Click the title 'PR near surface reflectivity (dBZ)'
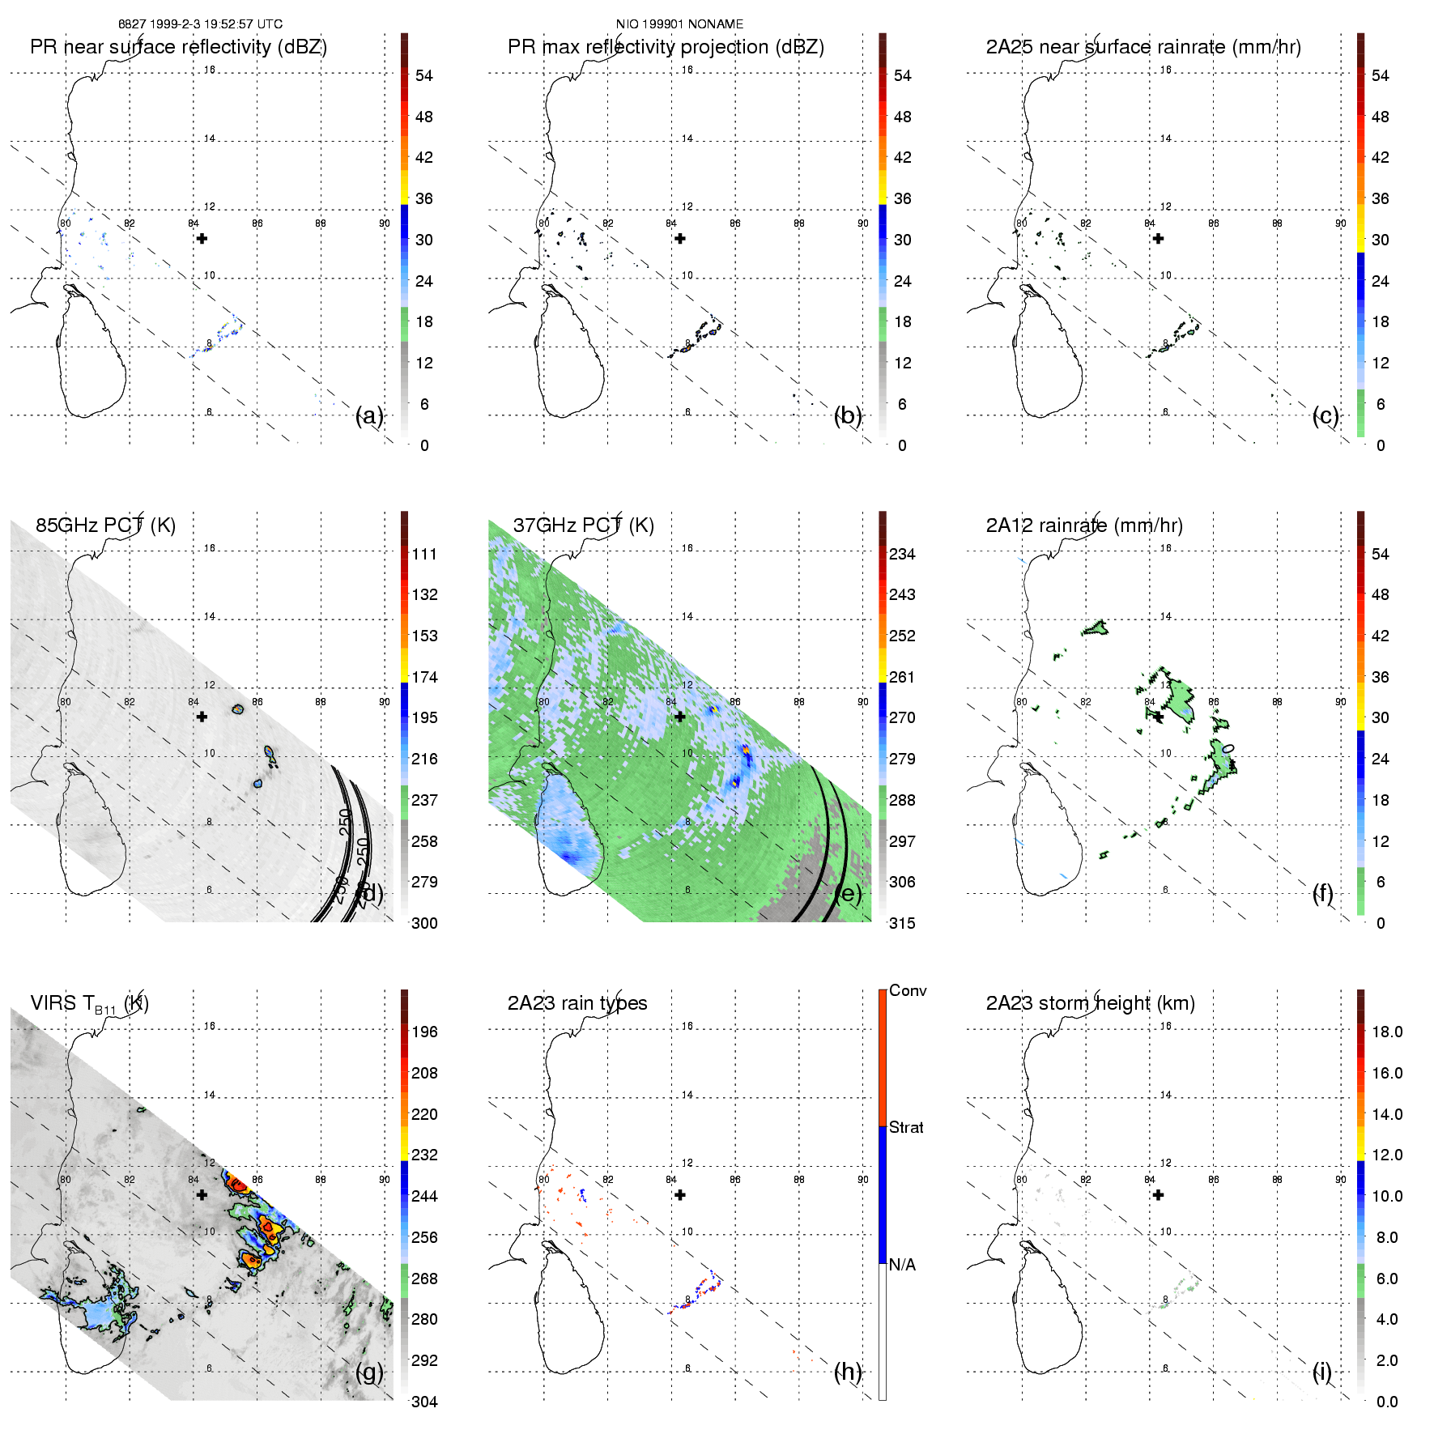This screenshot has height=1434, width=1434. (178, 47)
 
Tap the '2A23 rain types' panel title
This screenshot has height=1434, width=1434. (577, 1003)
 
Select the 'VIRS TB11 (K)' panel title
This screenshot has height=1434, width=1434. (89, 1004)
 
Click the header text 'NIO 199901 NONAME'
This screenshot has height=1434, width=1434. (679, 24)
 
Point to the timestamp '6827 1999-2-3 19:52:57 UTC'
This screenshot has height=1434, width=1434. (201, 24)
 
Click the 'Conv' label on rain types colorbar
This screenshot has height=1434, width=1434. (907, 991)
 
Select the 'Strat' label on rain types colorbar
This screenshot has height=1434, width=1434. (905, 1128)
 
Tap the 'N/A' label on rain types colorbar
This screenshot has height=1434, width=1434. (902, 1265)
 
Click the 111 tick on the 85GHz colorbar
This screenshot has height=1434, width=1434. (424, 555)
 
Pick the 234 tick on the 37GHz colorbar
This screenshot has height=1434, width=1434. (902, 555)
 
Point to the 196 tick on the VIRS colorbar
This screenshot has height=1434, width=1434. (424, 1032)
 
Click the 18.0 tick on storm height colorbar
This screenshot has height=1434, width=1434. (1386, 1032)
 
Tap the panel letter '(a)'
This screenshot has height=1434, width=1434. (369, 416)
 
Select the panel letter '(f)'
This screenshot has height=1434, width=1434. (1322, 893)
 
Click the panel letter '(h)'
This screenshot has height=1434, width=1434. (847, 1372)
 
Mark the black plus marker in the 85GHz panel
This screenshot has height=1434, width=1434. (202, 717)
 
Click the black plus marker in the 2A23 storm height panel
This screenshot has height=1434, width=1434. (1158, 1195)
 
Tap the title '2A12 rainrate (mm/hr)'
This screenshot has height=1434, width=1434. (1083, 526)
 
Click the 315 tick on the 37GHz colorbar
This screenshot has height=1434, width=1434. (902, 924)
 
